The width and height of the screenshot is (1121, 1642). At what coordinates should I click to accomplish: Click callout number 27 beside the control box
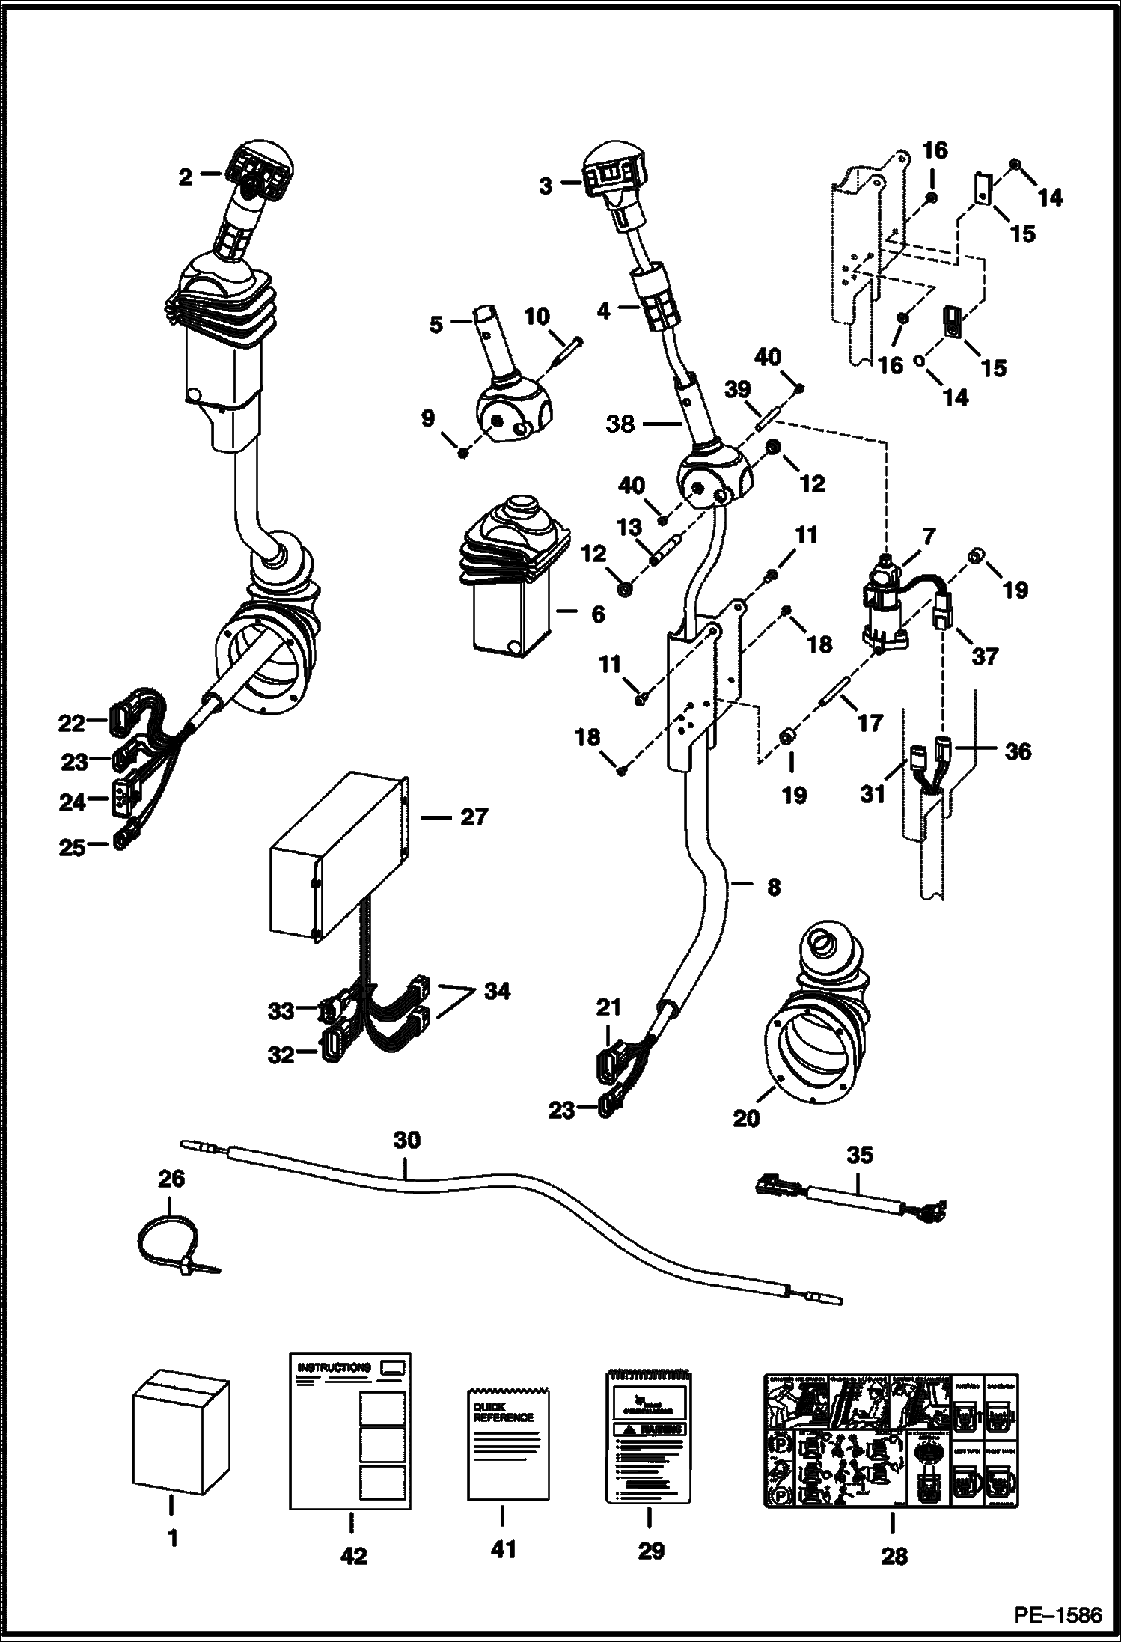(x=474, y=817)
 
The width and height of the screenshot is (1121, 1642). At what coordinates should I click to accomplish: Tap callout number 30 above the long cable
(x=406, y=1141)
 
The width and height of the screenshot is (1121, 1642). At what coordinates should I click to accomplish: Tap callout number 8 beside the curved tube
(x=773, y=887)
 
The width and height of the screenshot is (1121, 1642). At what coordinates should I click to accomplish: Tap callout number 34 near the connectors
(x=496, y=991)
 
